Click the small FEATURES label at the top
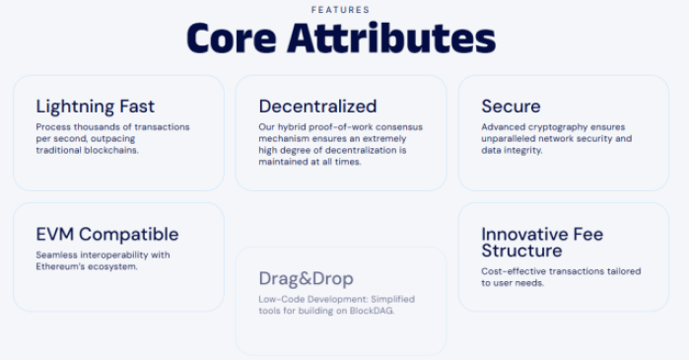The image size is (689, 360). (x=340, y=10)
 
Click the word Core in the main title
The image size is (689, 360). (x=232, y=38)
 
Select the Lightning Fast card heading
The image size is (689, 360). (x=95, y=107)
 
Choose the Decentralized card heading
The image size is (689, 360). (x=317, y=107)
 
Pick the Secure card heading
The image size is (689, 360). (x=511, y=107)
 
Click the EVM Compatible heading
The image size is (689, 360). (x=106, y=235)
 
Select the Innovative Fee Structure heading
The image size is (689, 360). (x=542, y=243)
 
